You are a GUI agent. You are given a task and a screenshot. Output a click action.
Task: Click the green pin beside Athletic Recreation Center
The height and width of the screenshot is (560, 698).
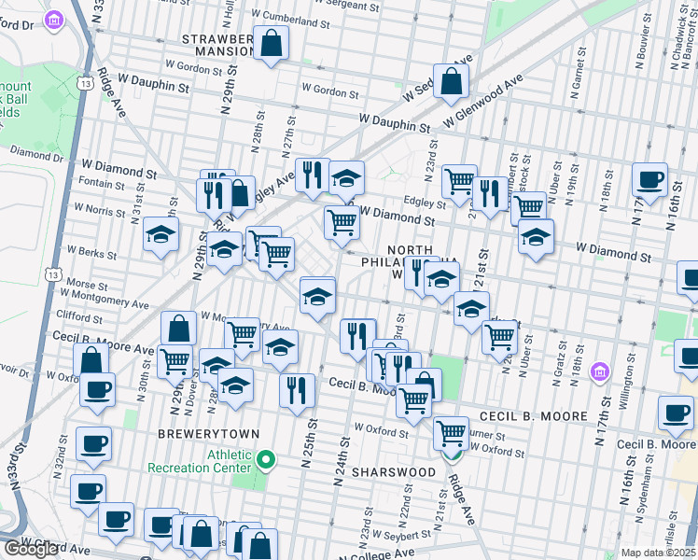[267, 459]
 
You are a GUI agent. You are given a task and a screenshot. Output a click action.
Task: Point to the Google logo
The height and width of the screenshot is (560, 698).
[32, 550]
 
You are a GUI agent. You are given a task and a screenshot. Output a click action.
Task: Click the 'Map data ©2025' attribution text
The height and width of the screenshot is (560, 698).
[659, 553]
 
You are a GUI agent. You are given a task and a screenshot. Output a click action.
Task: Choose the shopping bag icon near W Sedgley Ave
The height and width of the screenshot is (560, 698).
[451, 82]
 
